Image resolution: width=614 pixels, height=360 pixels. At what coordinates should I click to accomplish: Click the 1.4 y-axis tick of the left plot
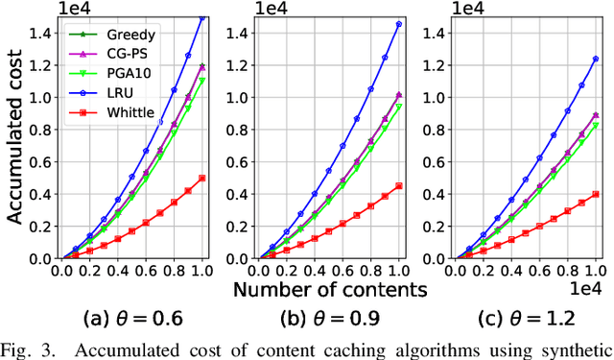[x=40, y=34]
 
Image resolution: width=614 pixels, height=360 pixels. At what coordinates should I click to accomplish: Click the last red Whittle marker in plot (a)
[x=201, y=178]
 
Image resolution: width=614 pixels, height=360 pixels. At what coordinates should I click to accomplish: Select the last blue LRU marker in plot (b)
[x=399, y=24]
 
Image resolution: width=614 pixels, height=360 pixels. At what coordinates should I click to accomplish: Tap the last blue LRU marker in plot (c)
[x=597, y=59]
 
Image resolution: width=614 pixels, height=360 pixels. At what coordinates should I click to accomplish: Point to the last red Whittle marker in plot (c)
[x=597, y=194]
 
